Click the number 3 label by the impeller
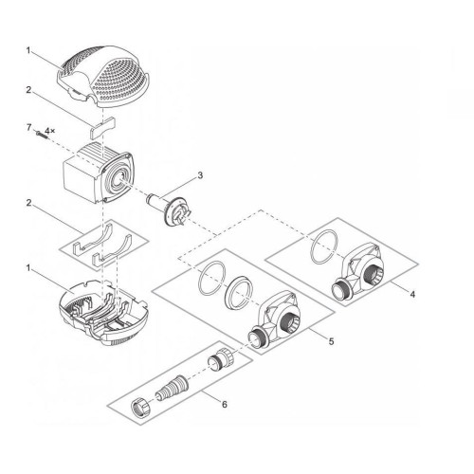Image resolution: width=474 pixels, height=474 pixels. (x=200, y=174)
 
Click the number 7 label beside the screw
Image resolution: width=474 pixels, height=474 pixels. (x=28, y=127)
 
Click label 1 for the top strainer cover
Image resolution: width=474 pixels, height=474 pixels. (x=28, y=49)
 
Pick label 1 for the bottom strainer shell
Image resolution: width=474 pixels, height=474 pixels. (x=28, y=268)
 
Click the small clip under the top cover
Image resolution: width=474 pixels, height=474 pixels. (x=101, y=122)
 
